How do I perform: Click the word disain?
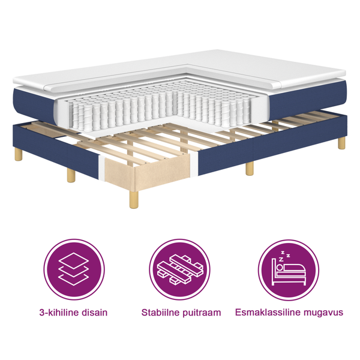pos(93,312)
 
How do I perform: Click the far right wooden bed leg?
pos(341,143)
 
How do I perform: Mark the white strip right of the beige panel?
pos(193,161)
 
